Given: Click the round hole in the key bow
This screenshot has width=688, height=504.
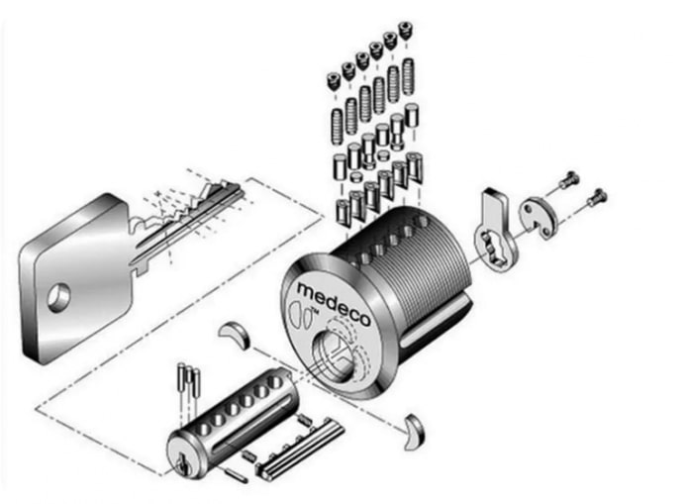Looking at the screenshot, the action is click(x=58, y=298).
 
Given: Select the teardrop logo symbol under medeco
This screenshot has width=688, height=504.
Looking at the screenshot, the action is click(x=298, y=314).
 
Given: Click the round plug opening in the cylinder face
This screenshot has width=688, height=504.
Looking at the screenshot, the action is click(x=333, y=354).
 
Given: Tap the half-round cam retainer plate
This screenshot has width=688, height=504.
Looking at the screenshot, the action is click(x=538, y=217).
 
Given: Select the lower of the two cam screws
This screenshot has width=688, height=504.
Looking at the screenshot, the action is click(x=596, y=197).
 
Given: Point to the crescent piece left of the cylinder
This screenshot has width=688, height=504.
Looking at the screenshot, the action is click(x=236, y=334).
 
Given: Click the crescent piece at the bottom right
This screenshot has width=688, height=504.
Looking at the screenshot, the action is click(x=415, y=432).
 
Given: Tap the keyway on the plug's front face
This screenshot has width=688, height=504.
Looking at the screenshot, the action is click(x=182, y=462).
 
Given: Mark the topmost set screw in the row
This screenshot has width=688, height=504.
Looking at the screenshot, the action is click(x=406, y=29).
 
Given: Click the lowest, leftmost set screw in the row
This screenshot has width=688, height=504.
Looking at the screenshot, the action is click(x=335, y=81).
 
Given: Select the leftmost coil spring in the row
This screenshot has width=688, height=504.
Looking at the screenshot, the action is click(x=337, y=127).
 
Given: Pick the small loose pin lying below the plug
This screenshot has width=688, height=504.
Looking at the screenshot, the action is click(x=236, y=475).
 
